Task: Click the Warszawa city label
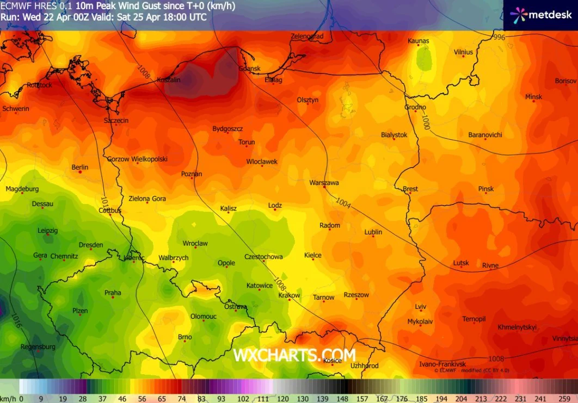pyautogui.click(x=324, y=183)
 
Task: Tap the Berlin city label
pyautogui.click(x=80, y=167)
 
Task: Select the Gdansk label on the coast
pyautogui.click(x=249, y=69)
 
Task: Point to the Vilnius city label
pyautogui.click(x=463, y=52)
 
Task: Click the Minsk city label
pyautogui.click(x=533, y=97)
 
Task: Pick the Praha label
pyautogui.click(x=113, y=293)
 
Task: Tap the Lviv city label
pyautogui.click(x=420, y=307)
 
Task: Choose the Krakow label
pyautogui.click(x=289, y=295)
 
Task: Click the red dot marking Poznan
pyautogui.click(x=192, y=178)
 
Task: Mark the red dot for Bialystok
pyautogui.click(x=394, y=140)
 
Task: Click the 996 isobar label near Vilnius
pyautogui.click(x=498, y=38)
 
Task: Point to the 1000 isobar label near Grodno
pyautogui.click(x=425, y=123)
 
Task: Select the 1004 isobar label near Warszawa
pyautogui.click(x=343, y=203)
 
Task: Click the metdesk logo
pyautogui.click(x=540, y=15)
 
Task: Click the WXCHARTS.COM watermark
pyautogui.click(x=294, y=355)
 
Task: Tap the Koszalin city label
pyautogui.click(x=168, y=80)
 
